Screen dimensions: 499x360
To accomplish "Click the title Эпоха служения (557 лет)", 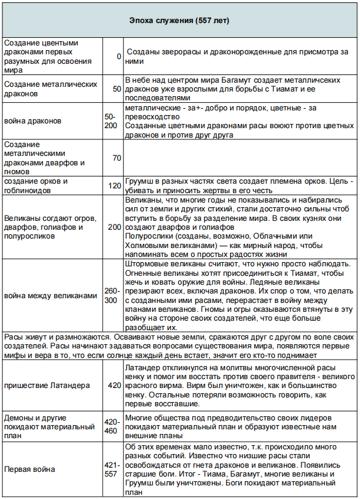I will click(x=179, y=21).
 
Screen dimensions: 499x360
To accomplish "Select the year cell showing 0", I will click(x=119, y=56).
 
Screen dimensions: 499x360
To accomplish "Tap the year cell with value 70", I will click(x=116, y=158).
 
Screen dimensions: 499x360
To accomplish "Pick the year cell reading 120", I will click(x=114, y=185).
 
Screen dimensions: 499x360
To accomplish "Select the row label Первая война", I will click(x=30, y=469).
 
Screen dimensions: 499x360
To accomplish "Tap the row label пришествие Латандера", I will click(x=47, y=385).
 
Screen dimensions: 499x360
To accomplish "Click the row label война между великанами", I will click(x=50, y=296).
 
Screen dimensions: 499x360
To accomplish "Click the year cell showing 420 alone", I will click(x=114, y=385).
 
